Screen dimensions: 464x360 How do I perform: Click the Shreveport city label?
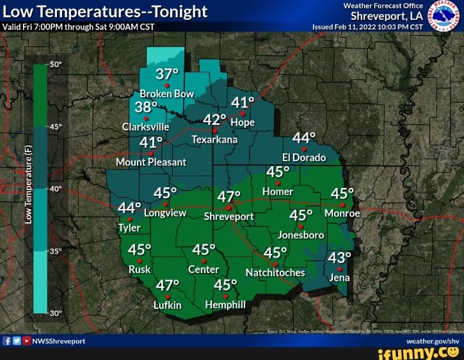click(x=229, y=216)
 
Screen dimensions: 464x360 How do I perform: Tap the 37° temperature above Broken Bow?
click(x=167, y=74)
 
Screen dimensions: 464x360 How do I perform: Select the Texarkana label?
click(x=214, y=139)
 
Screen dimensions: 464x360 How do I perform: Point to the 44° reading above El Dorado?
click(x=304, y=138)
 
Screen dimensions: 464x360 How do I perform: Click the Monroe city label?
click(x=342, y=214)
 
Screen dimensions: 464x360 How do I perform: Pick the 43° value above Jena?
click(x=339, y=257)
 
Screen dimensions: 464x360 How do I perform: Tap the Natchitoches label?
click(x=275, y=273)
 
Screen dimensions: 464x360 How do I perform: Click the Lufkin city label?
click(x=168, y=305)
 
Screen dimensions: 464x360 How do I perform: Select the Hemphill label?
click(x=225, y=304)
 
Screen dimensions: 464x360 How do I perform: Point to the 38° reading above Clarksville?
click(x=146, y=106)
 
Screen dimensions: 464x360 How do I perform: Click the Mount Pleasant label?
click(x=151, y=162)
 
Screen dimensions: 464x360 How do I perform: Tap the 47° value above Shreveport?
click(x=228, y=197)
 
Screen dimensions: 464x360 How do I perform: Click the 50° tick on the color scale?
click(x=56, y=65)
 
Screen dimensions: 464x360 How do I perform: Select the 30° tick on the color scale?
click(x=56, y=313)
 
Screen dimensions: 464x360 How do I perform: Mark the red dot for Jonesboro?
click(x=300, y=226)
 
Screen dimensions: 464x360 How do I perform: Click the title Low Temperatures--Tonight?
click(x=106, y=12)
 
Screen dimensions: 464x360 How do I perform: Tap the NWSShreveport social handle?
click(x=58, y=341)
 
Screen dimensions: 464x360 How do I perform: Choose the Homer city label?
click(x=278, y=191)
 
